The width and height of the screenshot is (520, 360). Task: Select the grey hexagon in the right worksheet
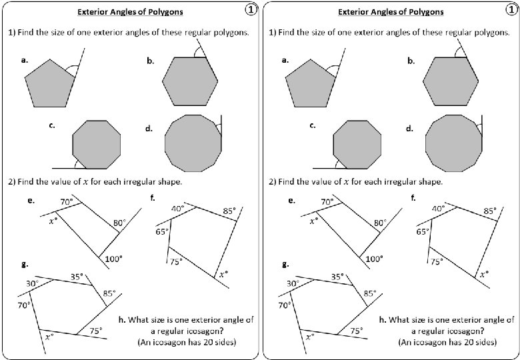coord(451,82)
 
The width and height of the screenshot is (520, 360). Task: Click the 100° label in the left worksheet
coord(113,259)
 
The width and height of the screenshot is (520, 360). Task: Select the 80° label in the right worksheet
coord(380,223)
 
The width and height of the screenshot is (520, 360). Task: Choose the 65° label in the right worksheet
coord(423,232)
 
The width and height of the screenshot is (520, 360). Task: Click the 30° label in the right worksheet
coord(293,283)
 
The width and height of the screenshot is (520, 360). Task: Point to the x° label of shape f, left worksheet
coord(224,273)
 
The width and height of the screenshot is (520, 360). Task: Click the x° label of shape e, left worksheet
coord(53,221)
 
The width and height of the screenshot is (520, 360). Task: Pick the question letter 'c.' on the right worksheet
coord(313,125)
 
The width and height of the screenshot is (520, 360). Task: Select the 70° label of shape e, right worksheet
coord(327,201)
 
